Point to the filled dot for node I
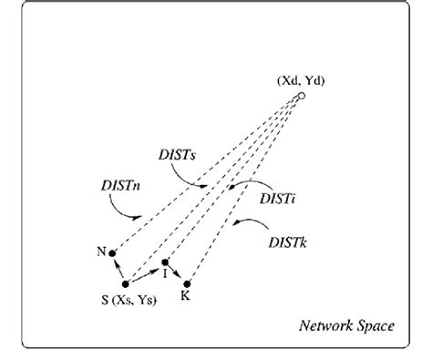point(165,262)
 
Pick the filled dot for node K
point(188,283)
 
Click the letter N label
point(99,250)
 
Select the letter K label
point(186,296)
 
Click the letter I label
point(164,273)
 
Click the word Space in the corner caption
point(376,326)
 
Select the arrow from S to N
point(118,268)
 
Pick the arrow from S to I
point(144,273)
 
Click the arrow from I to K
point(177,273)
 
